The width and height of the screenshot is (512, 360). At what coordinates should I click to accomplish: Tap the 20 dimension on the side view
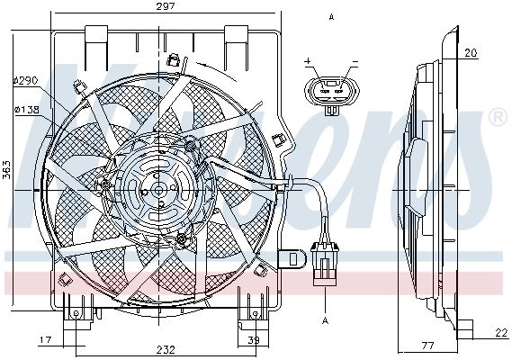pos(471,53)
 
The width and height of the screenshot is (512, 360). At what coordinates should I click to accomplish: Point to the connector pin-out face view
pos(330,90)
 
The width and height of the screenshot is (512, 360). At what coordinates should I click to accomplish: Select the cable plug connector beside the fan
pos(324,261)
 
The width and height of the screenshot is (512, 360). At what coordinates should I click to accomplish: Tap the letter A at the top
pos(331,17)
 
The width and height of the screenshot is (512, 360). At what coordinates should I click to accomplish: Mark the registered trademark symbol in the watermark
pos(496,117)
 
